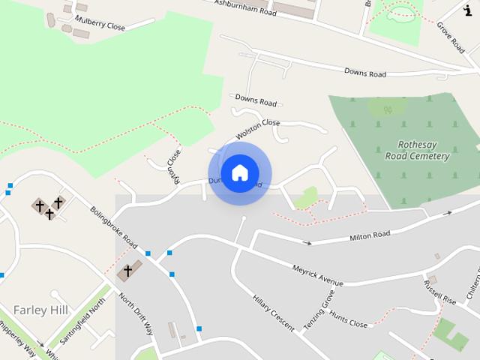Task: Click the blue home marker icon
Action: (x=239, y=172)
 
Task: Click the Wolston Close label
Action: (x=257, y=129)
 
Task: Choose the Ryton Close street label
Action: (x=174, y=166)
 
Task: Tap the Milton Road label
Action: (x=370, y=236)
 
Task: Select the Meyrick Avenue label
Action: (x=317, y=275)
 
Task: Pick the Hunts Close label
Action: (x=348, y=319)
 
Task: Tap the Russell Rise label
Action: (x=439, y=292)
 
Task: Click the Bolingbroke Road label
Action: (x=113, y=228)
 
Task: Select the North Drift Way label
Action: (x=136, y=314)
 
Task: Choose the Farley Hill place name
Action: (x=40, y=310)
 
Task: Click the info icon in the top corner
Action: (x=467, y=9)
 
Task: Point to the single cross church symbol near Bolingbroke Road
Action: (x=127, y=271)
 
